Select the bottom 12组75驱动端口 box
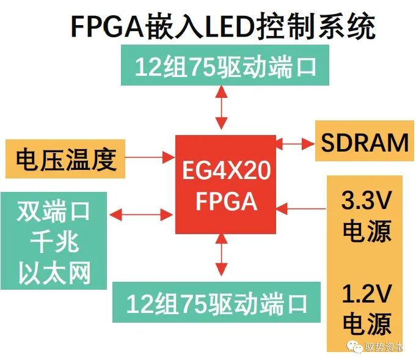(216, 302)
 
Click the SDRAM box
(365, 143)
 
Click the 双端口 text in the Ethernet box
(53, 211)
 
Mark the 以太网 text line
(53, 273)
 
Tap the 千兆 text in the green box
(53, 243)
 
